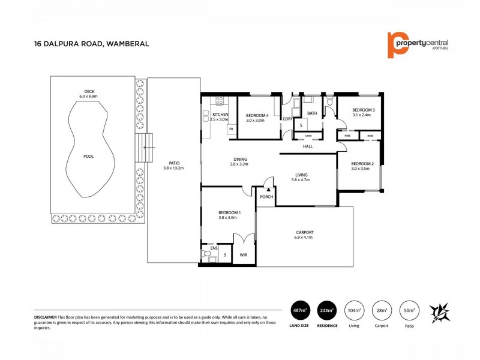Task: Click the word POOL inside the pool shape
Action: click(88, 156)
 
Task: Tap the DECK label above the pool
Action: click(91, 91)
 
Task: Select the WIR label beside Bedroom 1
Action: click(244, 256)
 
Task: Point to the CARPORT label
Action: click(305, 232)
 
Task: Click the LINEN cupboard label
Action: click(299, 136)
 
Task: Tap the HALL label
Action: click(308, 146)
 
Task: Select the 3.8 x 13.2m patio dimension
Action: click(175, 168)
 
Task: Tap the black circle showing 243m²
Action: click(328, 311)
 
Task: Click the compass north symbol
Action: click(442, 311)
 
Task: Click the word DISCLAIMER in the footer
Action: click(45, 316)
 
